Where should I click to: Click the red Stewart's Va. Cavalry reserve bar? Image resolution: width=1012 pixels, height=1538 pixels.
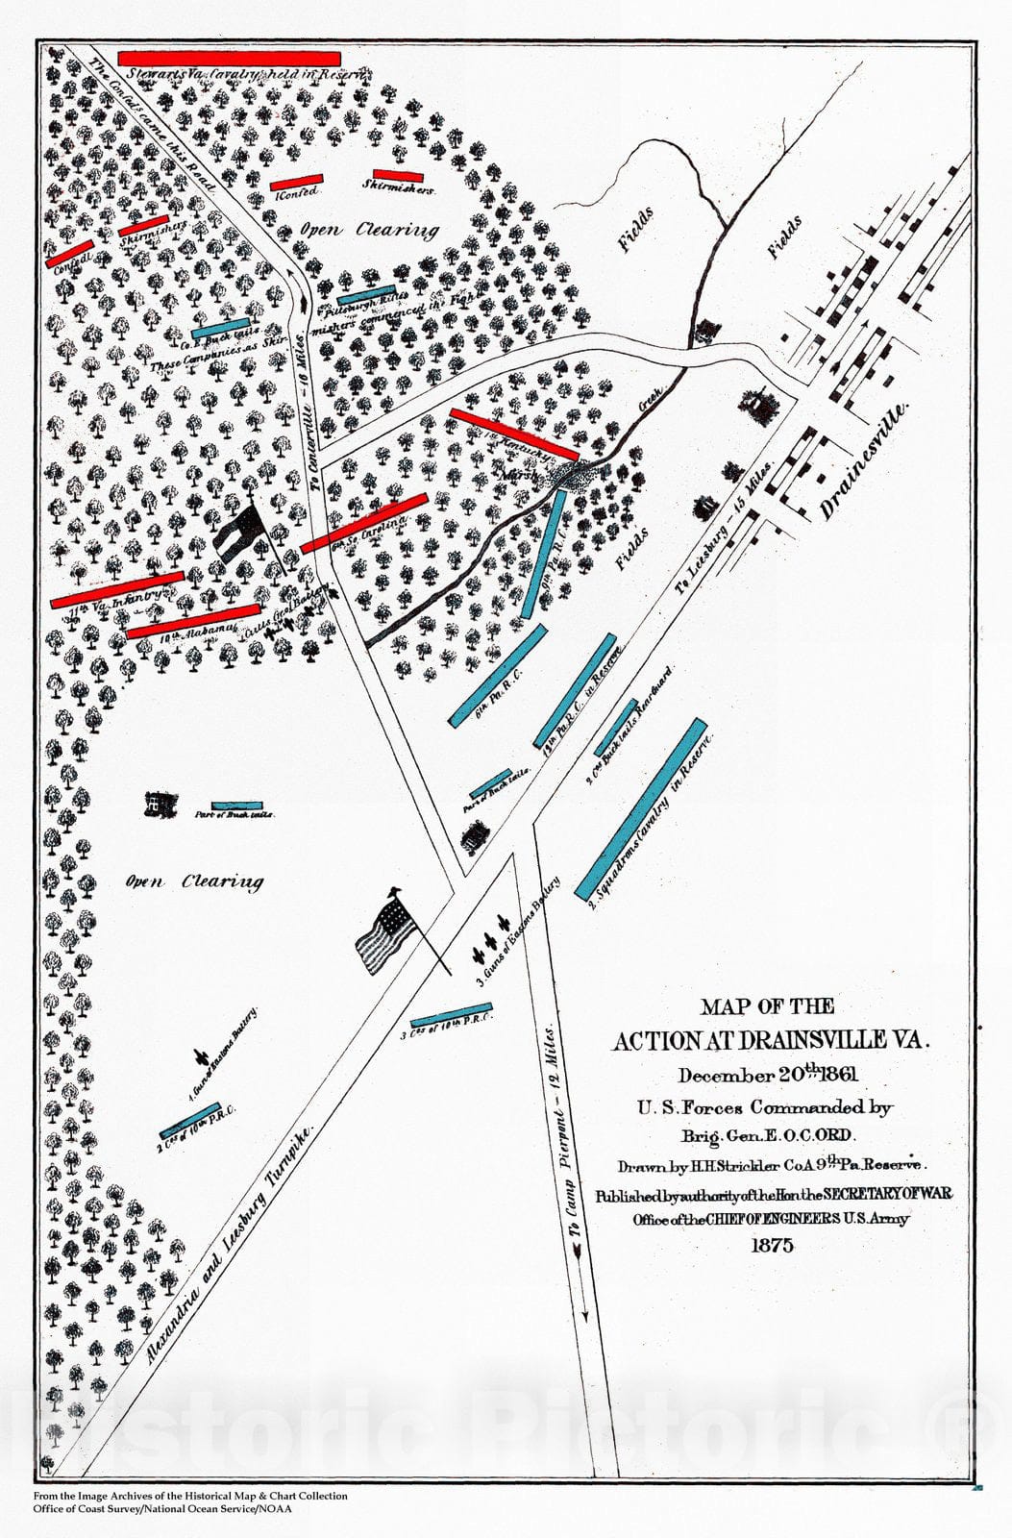click(x=229, y=59)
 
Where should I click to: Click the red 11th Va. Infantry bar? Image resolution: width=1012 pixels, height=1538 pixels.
click(x=117, y=589)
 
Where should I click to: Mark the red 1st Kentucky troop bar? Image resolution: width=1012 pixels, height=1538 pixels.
click(x=514, y=434)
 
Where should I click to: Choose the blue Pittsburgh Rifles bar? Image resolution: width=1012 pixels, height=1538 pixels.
click(x=366, y=293)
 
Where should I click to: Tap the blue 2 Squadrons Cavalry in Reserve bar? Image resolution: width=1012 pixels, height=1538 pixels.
click(x=641, y=808)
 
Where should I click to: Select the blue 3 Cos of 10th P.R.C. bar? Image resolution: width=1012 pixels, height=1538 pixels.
click(x=452, y=1015)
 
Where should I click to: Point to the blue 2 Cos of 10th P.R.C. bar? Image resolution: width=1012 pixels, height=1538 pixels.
click(x=189, y=1117)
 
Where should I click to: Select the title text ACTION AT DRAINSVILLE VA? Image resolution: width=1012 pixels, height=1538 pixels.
click(x=773, y=1040)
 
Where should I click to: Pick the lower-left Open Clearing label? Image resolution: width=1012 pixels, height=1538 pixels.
click(x=195, y=881)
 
